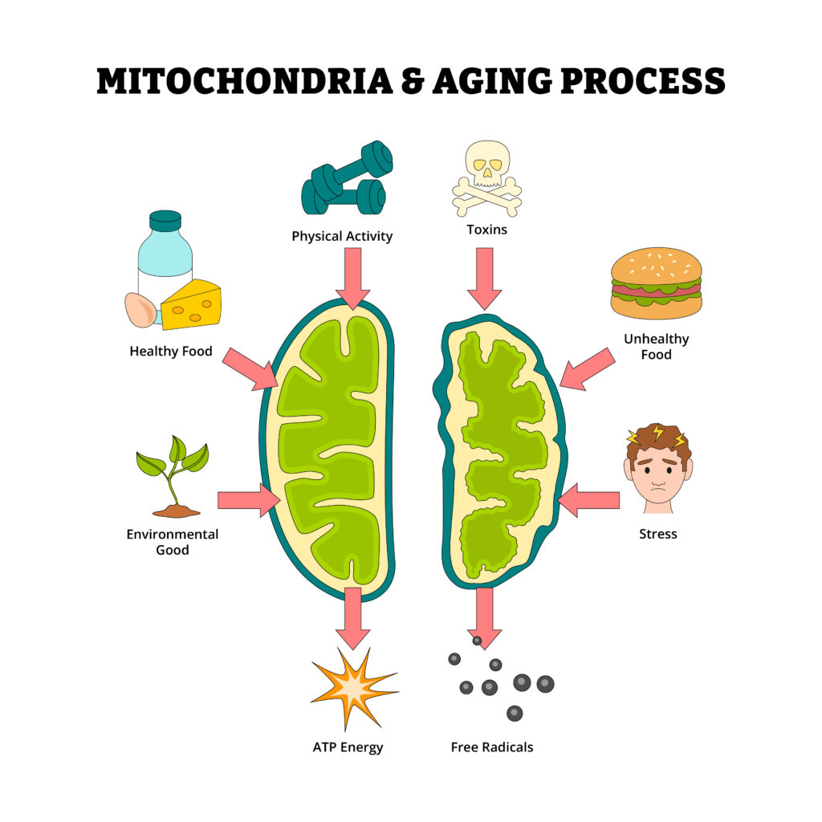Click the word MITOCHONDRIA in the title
(x=245, y=81)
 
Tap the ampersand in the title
(x=413, y=81)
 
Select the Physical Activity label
(x=342, y=237)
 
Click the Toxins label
(x=487, y=230)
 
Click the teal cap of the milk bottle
(x=165, y=221)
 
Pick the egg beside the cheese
(x=140, y=310)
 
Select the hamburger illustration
(x=657, y=283)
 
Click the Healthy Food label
(x=171, y=352)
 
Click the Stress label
(x=658, y=534)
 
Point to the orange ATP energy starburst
(x=354, y=688)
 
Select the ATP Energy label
(x=348, y=747)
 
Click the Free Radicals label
(x=492, y=747)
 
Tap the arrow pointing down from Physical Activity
(x=353, y=279)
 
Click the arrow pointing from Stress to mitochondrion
(x=588, y=500)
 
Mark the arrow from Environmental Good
(x=249, y=500)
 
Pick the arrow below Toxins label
(x=484, y=279)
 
